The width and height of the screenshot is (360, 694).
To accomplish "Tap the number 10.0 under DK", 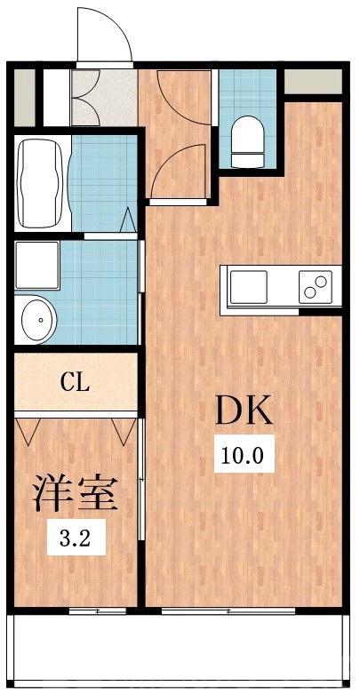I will point(244,457).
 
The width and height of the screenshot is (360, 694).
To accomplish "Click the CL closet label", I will point(75,383).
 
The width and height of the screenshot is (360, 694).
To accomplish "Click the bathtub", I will point(42,183).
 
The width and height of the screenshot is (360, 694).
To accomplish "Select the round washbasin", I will point(36,317).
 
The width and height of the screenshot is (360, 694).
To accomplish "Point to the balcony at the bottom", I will point(178,650).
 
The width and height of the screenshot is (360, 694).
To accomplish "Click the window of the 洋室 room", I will point(97,610).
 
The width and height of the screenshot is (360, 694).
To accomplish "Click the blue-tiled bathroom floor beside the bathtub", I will point(99,183).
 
